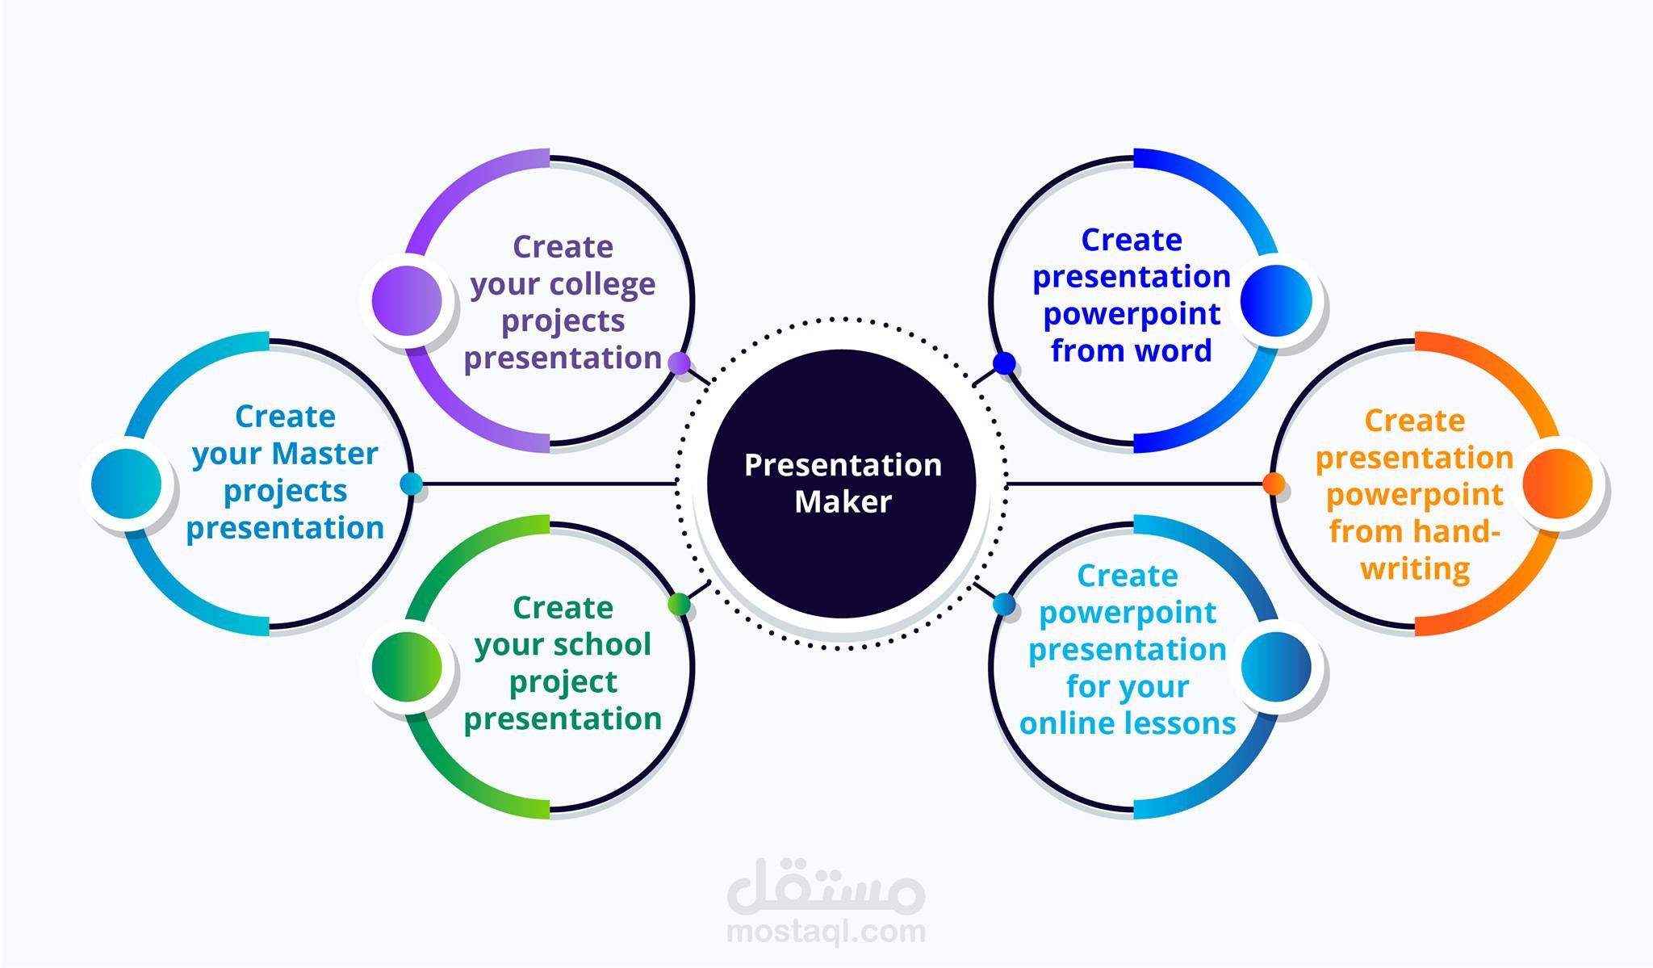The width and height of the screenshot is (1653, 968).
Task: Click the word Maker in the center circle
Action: [843, 502]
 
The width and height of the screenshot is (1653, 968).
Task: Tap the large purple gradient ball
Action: [407, 300]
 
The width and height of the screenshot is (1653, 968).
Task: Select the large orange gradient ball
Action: [1557, 484]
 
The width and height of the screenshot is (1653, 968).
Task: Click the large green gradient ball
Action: [407, 667]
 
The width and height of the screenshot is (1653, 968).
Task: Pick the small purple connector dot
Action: [680, 363]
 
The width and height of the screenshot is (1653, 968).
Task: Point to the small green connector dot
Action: [680, 604]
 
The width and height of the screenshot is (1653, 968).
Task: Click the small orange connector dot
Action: [1274, 484]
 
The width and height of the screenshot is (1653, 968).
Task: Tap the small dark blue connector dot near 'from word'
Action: [1004, 363]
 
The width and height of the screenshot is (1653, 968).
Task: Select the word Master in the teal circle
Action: [325, 454]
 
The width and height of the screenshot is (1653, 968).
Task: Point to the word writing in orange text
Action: [1415, 569]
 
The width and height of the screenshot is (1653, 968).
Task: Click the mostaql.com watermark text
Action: [826, 932]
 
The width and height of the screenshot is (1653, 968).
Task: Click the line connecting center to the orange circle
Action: [1134, 484]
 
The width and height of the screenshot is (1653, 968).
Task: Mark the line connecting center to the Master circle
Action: [549, 484]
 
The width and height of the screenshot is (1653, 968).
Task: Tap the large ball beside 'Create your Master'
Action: [126, 484]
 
